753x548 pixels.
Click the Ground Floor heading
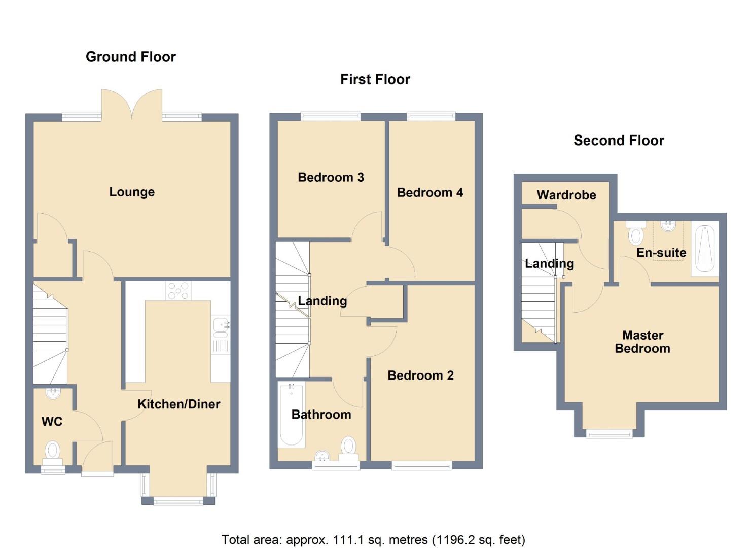click(x=130, y=57)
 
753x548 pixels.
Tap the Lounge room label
click(x=132, y=192)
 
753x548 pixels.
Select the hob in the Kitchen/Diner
click(x=178, y=290)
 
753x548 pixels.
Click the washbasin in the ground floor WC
click(x=53, y=393)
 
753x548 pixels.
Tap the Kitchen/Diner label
click(x=178, y=404)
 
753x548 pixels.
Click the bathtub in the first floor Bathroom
click(x=292, y=415)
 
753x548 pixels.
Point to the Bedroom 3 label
click(x=331, y=177)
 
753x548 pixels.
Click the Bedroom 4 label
click(x=429, y=192)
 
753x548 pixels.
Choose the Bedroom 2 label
click(x=420, y=375)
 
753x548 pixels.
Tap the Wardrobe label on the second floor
click(x=566, y=195)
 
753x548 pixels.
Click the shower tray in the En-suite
click(x=705, y=249)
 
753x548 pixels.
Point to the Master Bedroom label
click(x=642, y=342)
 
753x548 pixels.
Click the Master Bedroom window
click(x=609, y=433)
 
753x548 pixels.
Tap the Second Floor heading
click(x=619, y=141)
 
